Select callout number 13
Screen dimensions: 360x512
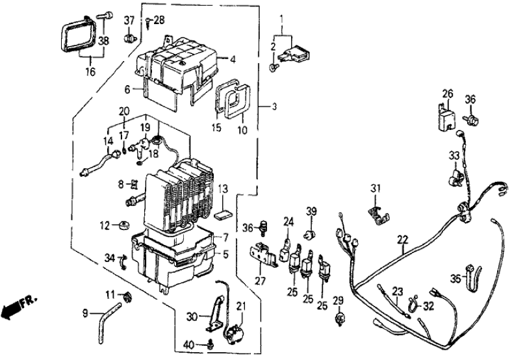point(222,189)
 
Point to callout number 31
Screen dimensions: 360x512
point(374,189)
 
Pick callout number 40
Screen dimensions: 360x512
point(188,344)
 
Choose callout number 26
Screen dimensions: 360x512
point(448,94)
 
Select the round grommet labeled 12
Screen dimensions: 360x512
point(122,227)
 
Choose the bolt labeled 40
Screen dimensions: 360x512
point(209,343)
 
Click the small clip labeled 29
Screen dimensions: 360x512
point(338,319)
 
